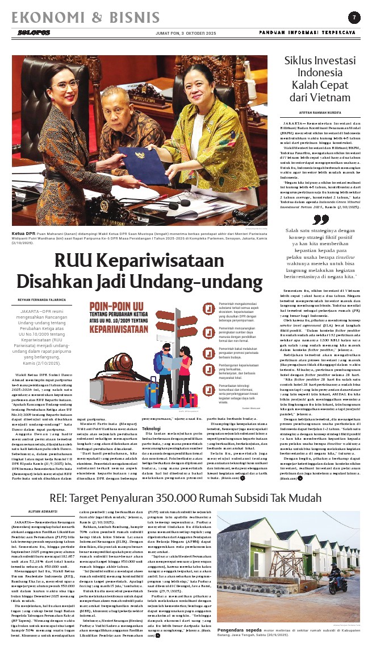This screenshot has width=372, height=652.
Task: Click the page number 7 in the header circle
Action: [x=353, y=16]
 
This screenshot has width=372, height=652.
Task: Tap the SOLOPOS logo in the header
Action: [x=27, y=33]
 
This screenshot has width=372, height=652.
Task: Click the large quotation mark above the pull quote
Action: [x=321, y=219]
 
